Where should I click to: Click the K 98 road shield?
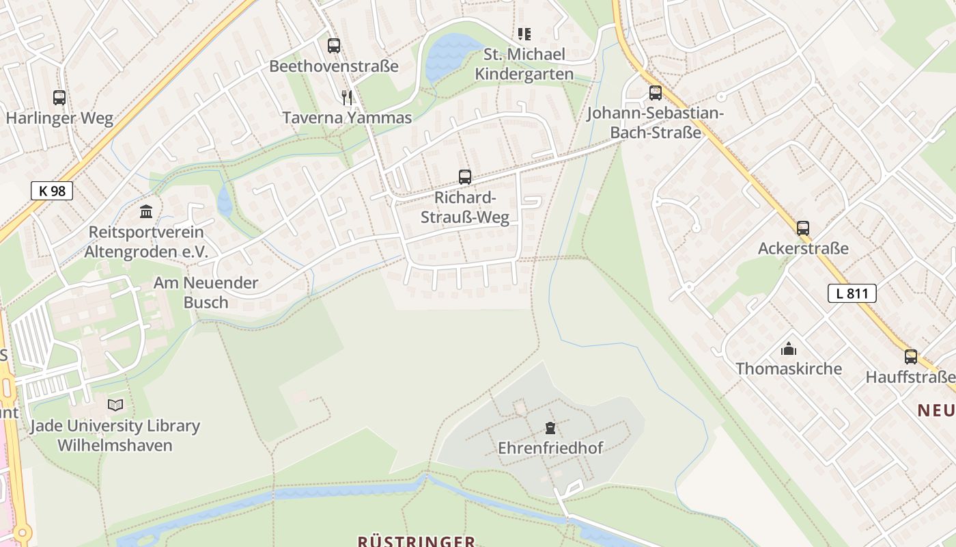[x=52, y=191]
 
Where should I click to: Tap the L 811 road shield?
[x=852, y=293]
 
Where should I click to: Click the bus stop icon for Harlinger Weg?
[x=59, y=98]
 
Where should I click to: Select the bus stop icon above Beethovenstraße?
[x=333, y=46]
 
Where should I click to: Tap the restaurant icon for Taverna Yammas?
[x=347, y=98]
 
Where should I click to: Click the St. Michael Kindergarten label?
[x=524, y=64]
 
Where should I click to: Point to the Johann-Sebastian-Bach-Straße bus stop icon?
[x=656, y=93]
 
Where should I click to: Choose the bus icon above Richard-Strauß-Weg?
[x=465, y=177]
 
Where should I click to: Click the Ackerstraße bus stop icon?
[x=803, y=228]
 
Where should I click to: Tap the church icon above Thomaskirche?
[x=789, y=349]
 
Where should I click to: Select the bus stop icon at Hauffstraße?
[x=911, y=356]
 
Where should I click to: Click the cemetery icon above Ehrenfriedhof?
[x=550, y=429]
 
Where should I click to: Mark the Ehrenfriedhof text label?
[x=550, y=449]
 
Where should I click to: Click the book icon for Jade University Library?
[x=115, y=405]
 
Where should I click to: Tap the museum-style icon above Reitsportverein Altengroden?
[x=146, y=211]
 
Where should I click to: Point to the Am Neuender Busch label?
[x=206, y=292]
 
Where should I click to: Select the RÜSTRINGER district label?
[x=417, y=541]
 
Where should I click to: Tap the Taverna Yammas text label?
[x=347, y=118]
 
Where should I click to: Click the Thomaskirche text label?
[x=789, y=369]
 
